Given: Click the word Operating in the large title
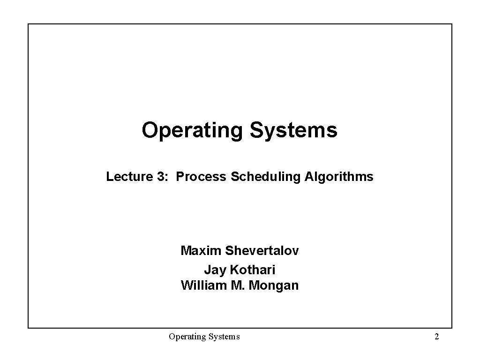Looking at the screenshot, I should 192,131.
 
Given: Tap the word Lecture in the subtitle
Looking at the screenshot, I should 124,177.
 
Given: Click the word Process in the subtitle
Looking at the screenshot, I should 202,177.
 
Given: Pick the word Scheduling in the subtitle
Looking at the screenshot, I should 266,177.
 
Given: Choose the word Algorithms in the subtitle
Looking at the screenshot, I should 339,177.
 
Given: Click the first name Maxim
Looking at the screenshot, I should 201,251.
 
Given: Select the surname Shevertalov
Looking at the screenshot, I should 262,251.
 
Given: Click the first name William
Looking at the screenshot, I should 204,285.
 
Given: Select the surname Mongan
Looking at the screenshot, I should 273,286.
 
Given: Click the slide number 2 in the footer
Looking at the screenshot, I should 437,337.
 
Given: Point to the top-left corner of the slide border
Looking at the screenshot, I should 28,24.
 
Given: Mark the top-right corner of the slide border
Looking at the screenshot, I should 452,24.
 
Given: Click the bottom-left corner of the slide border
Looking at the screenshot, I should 28,328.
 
